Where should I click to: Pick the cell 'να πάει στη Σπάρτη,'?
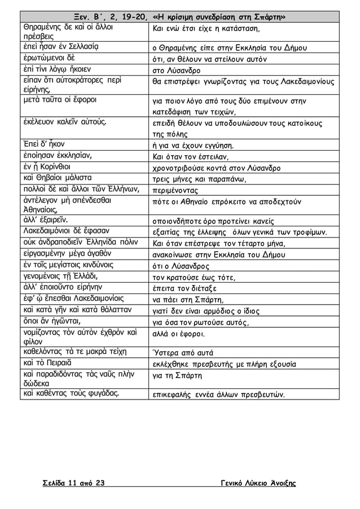click(188, 299)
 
